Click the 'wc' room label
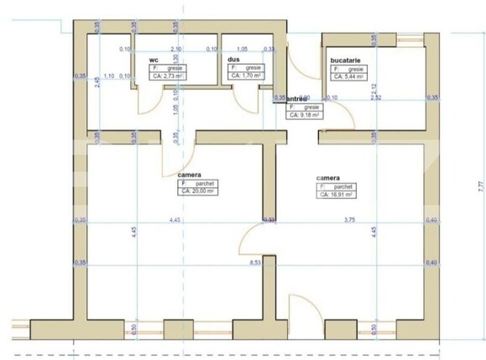[x=154, y=60]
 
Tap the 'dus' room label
[x=233, y=60]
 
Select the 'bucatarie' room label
[x=346, y=60]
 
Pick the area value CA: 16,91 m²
[x=336, y=194]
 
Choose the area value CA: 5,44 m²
[x=348, y=76]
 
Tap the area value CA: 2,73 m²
[x=168, y=76]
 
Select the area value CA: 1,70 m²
[x=243, y=76]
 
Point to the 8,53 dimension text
[x=255, y=263]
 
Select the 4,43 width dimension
[x=175, y=220]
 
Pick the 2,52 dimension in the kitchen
[x=375, y=98]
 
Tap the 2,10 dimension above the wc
[x=175, y=50]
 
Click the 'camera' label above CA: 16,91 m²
[x=327, y=179]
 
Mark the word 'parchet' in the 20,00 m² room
[x=206, y=183]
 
